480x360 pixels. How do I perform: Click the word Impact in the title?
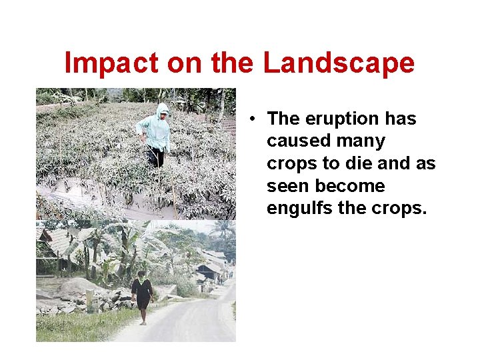111,63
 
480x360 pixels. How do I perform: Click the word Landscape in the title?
339,63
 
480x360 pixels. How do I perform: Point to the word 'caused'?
295,141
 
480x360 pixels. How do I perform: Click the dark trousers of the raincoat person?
157,157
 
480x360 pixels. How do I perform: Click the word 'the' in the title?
233,63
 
